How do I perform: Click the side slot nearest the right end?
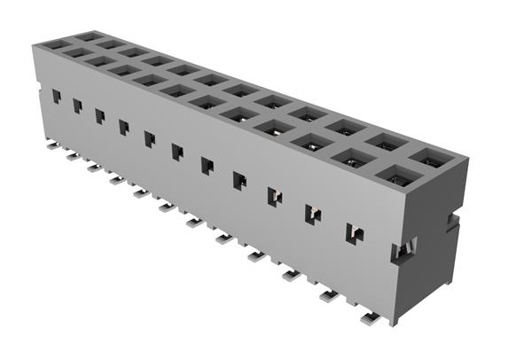[354, 233]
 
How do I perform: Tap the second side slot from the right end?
[313, 214]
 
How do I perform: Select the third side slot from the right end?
[275, 196]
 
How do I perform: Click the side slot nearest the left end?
[56, 96]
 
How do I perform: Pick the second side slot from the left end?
[78, 106]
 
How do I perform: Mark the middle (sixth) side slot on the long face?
[177, 152]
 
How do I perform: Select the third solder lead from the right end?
[290, 276]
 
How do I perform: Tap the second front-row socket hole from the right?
[353, 159]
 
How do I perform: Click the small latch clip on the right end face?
[401, 249]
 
